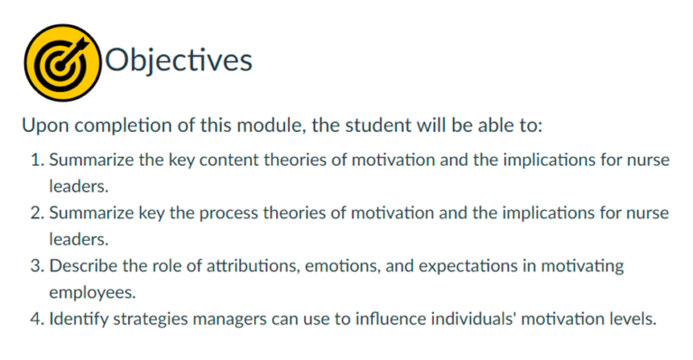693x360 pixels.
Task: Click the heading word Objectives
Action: pos(179,60)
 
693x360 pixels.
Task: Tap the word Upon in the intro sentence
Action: pos(41,125)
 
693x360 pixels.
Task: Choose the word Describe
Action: pos(82,266)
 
